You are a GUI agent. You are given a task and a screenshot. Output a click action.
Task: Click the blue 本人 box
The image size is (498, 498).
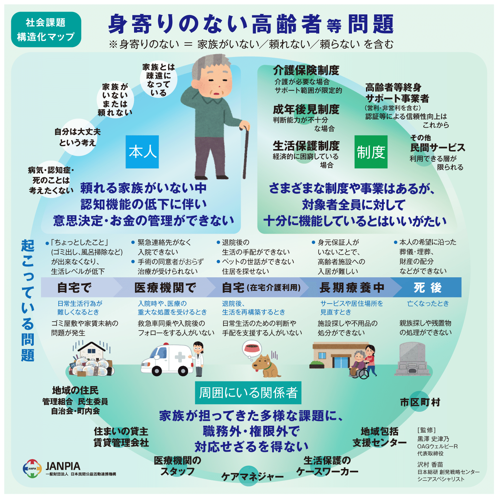click(x=142, y=152)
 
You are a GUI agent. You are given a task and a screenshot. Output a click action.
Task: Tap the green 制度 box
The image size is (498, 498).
click(x=371, y=152)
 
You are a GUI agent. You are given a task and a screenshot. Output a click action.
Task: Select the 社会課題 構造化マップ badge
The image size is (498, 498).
click(x=46, y=30)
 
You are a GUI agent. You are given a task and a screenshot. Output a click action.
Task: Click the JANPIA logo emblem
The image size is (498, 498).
click(x=32, y=468)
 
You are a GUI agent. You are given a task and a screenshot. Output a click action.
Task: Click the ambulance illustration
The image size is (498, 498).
click(x=167, y=360)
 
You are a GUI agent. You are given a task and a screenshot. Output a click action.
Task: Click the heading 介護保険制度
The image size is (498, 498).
click(x=306, y=70)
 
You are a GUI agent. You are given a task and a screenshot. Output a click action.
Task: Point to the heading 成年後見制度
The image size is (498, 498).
click(x=306, y=109)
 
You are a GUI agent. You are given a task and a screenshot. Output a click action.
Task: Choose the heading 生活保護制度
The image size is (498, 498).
click(x=306, y=146)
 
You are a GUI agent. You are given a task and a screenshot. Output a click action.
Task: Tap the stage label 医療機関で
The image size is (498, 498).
click(x=165, y=288)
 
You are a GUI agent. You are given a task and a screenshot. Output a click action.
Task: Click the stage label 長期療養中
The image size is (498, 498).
click(x=352, y=288)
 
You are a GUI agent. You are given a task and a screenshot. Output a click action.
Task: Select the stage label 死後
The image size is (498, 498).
click(x=427, y=288)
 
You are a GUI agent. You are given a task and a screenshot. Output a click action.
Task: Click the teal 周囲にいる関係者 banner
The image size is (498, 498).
click(x=248, y=393)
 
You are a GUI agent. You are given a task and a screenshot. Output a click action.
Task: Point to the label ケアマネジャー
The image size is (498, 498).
click(x=252, y=476)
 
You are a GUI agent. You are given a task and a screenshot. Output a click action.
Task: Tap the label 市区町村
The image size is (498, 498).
click(x=420, y=402)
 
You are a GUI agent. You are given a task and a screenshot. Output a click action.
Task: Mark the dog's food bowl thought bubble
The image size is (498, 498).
click(x=251, y=349)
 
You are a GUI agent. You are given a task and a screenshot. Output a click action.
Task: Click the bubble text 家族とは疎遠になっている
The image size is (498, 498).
click(x=159, y=80)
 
